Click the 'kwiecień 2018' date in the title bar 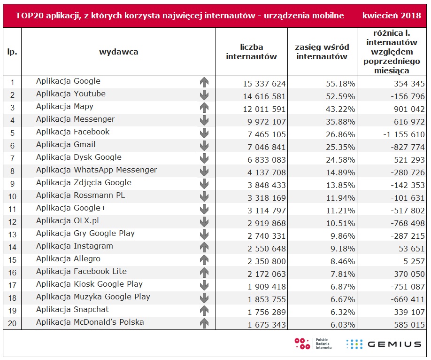click(392, 16)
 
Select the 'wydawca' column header click(119, 52)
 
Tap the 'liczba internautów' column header click(251, 52)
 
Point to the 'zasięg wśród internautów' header click(322, 52)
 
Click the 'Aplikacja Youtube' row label click(70, 94)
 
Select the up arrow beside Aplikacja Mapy click(204, 108)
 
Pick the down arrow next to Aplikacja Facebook click(204, 133)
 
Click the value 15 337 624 click(264, 84)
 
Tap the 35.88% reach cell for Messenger click(340, 122)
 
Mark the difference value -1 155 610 click(404, 134)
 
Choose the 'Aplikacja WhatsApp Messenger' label click(96, 170)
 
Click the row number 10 click(12, 196)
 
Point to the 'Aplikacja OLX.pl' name click(67, 220)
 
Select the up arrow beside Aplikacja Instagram click(204, 247)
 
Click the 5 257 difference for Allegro click(414, 261)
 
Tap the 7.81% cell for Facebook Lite click(342, 274)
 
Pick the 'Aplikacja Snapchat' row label click(73, 309)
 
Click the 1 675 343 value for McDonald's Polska click(266, 325)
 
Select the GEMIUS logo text click(394, 344)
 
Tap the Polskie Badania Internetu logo click(313, 344)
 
